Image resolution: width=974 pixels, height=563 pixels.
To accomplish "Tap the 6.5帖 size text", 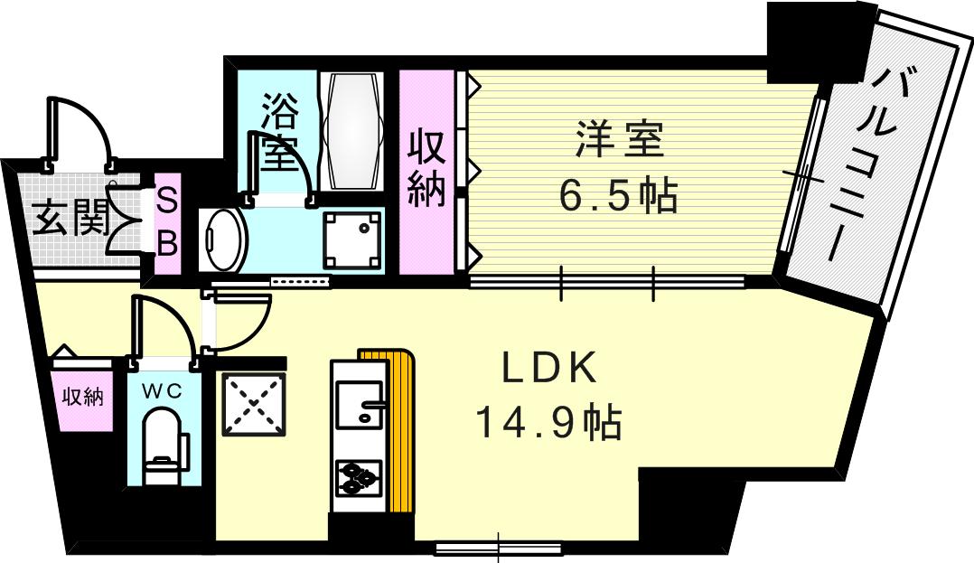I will click(x=620, y=194).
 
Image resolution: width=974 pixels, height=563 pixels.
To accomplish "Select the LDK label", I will click(x=549, y=368).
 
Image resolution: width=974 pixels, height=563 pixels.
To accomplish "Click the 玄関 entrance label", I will click(x=71, y=219).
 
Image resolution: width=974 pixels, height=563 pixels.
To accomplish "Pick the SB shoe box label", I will click(x=168, y=221).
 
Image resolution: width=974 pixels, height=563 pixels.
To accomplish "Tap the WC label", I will click(x=165, y=391).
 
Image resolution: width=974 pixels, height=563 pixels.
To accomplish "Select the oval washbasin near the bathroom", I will click(x=221, y=239).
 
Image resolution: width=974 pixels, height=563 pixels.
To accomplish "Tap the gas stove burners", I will click(x=359, y=478).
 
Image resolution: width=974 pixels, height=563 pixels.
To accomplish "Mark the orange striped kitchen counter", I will click(x=401, y=434).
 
